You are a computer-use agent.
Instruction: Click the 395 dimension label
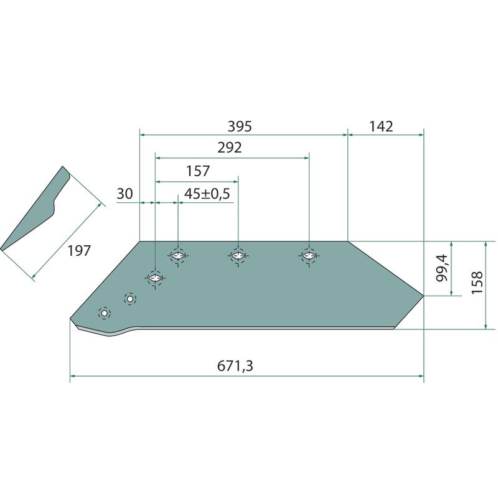pos(240,126)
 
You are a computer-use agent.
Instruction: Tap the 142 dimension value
pos(381,126)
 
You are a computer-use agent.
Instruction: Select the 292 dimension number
pos(230,148)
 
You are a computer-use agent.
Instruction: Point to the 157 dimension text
pos(198,171)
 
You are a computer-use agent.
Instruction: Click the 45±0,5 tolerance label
pos(207,194)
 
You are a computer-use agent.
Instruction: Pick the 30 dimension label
pos(125,194)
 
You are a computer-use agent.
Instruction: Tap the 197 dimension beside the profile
pos(79,251)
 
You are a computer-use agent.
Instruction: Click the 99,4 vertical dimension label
pos(442,268)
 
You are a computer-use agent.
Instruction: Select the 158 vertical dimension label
pos(477,283)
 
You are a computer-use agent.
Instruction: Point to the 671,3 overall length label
pos(235,366)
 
